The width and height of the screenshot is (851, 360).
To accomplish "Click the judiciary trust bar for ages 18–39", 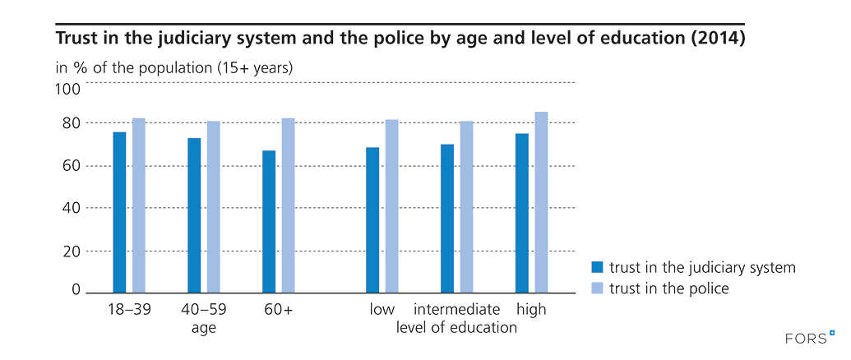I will click(x=119, y=212).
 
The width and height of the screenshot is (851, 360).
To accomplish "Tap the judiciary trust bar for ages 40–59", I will click(x=194, y=215).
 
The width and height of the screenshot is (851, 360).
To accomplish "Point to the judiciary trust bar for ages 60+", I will click(x=269, y=221).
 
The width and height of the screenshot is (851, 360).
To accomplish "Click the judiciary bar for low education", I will click(x=372, y=219).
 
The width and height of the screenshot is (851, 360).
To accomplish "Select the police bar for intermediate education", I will click(x=466, y=206).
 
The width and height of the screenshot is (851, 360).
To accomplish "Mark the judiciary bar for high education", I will click(x=521, y=213).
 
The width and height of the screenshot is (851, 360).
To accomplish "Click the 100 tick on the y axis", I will click(x=68, y=88).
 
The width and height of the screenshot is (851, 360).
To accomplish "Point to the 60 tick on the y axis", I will click(x=72, y=166).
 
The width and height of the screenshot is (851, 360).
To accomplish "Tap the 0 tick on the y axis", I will click(x=76, y=290).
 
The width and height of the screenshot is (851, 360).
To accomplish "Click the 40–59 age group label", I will click(x=203, y=310).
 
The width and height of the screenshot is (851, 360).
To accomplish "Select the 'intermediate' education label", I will click(x=456, y=310).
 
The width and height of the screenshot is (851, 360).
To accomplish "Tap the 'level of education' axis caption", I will click(x=456, y=327).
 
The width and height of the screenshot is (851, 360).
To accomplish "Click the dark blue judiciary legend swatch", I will click(x=598, y=268).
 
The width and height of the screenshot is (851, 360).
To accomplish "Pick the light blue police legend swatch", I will click(x=598, y=288).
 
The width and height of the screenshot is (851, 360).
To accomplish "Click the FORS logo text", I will click(x=807, y=337).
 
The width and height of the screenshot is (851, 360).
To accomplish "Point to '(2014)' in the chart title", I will click(x=715, y=39).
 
